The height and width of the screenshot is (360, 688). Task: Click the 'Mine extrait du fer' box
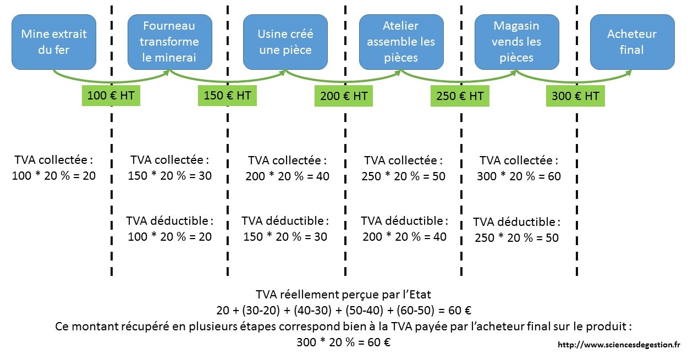click(x=54, y=42)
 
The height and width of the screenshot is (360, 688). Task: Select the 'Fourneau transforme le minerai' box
click(x=169, y=42)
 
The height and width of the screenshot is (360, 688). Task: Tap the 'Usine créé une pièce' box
click(x=285, y=42)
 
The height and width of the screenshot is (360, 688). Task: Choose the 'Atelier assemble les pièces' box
click(x=401, y=42)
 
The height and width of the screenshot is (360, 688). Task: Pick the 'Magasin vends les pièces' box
click(x=516, y=42)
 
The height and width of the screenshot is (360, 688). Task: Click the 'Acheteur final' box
click(x=632, y=42)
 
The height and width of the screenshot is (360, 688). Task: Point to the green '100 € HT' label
click(x=111, y=96)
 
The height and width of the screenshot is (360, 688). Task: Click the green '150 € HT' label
click(x=227, y=96)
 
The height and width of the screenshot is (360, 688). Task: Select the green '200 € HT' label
click(x=344, y=96)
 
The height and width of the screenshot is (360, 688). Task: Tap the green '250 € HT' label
click(x=460, y=96)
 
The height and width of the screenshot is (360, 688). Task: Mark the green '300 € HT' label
click(x=576, y=96)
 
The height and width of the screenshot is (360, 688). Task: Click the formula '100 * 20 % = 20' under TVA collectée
click(x=54, y=176)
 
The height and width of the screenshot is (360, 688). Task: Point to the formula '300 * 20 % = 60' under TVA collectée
click(x=519, y=176)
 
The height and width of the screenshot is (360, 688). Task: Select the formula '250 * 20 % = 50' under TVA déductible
click(x=516, y=238)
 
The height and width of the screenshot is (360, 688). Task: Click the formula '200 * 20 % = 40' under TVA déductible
click(x=404, y=237)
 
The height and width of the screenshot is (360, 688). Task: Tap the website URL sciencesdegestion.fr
click(x=619, y=345)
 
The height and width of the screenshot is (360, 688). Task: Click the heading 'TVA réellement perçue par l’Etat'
click(x=343, y=294)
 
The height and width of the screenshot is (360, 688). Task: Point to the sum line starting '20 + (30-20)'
click(x=343, y=310)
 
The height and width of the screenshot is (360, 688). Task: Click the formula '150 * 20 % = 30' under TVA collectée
click(x=169, y=176)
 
